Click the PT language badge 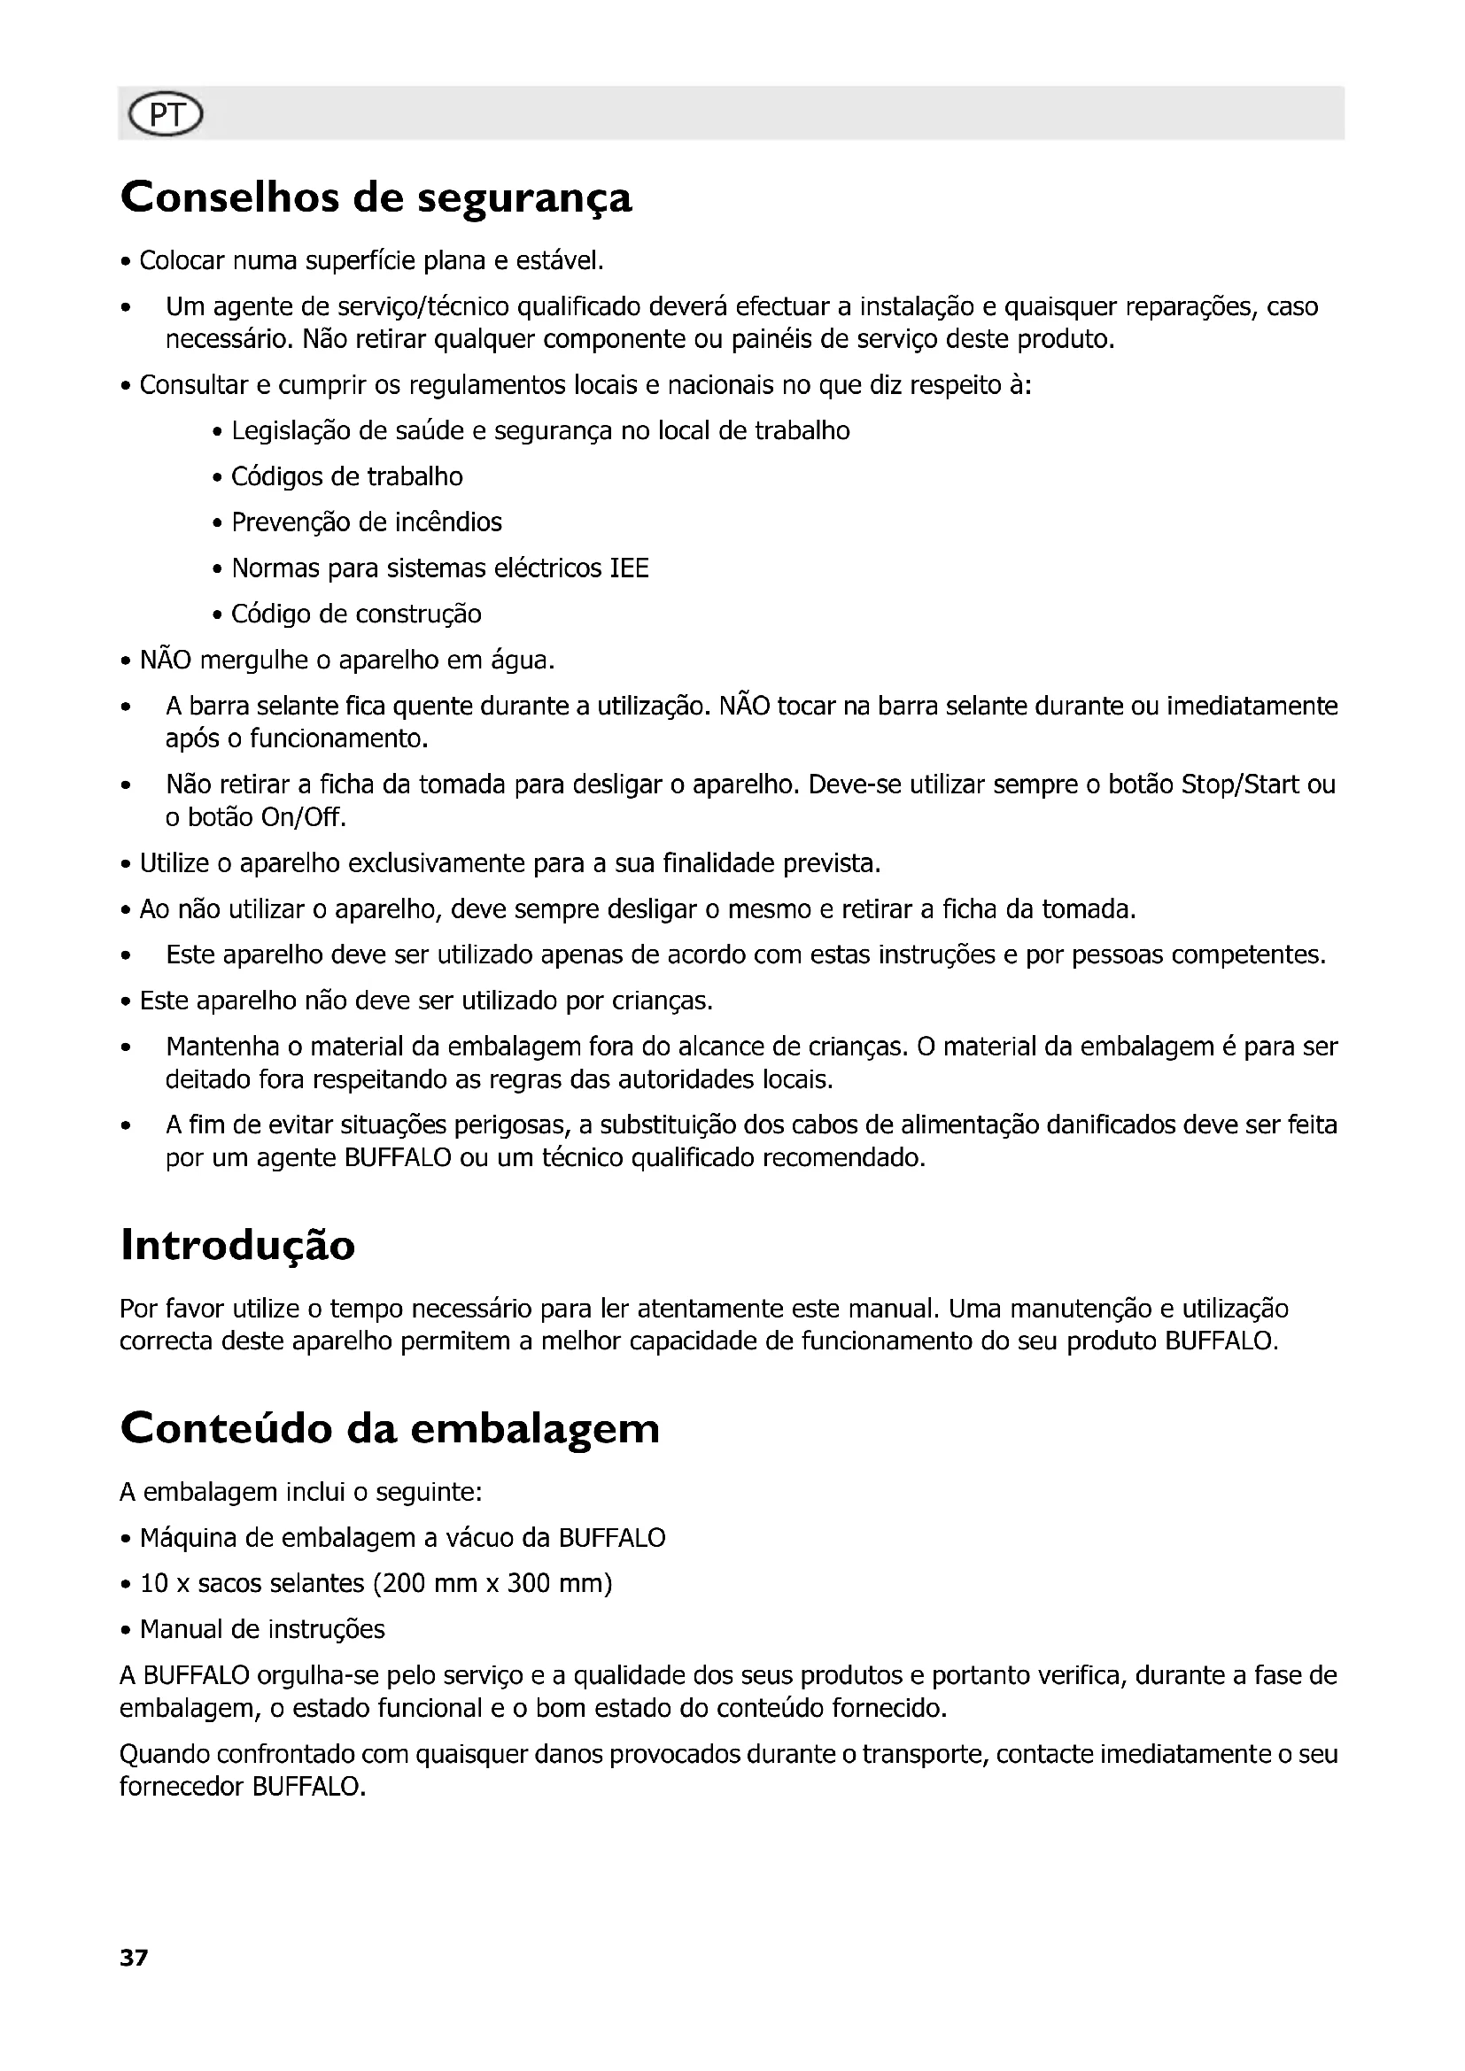(x=166, y=115)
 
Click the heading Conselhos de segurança (x=376, y=197)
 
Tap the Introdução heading (x=238, y=1245)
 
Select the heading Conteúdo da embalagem (x=390, y=1428)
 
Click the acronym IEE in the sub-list (x=630, y=568)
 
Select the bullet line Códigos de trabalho (x=347, y=476)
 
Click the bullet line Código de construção (x=356, y=614)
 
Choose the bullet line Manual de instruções (x=262, y=1629)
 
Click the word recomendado (x=843, y=1157)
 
